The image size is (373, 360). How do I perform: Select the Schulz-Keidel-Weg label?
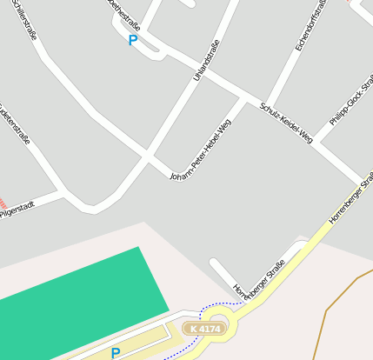pos(286,121)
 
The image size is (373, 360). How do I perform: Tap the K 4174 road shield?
pos(204,329)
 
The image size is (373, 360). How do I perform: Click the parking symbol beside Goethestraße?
pos(132,40)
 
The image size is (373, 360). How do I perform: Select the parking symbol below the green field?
pos(115,353)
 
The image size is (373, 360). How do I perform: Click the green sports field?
pos(78,296)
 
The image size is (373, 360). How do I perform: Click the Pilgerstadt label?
pos(17,210)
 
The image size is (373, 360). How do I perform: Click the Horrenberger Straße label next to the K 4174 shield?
pos(259,277)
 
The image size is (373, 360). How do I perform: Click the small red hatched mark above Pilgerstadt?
pos(3,201)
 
